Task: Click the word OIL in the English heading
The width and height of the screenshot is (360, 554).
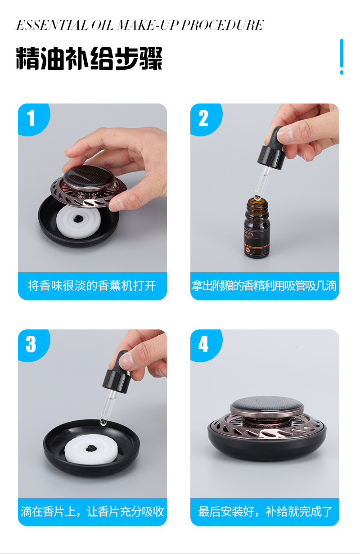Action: tap(102, 25)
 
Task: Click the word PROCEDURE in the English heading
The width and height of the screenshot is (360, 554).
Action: tap(222, 25)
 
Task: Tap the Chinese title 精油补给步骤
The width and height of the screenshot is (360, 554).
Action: tap(89, 59)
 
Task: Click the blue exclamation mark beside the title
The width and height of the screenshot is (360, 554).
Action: tap(342, 56)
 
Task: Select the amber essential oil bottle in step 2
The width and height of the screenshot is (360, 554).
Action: tap(256, 227)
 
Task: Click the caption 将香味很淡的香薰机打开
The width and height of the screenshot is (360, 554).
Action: tap(92, 286)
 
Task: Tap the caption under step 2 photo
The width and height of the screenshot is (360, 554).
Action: tap(264, 286)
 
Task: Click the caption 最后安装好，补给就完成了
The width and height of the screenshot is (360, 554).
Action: tap(265, 511)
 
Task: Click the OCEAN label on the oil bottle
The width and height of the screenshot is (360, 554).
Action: tap(249, 233)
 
